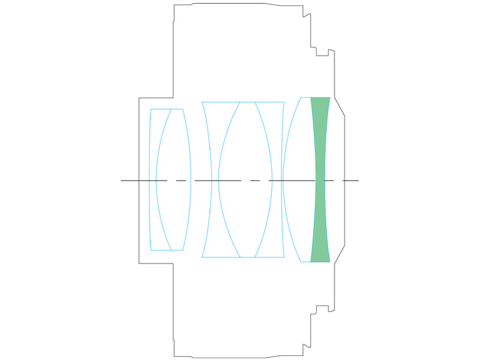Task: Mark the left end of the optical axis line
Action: pyautogui.click(x=122, y=180)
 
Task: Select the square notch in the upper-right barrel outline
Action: pyautogui.click(x=322, y=51)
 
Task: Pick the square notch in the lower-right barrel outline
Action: pyautogui.click(x=322, y=309)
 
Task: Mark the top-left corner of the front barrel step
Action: pyautogui.click(x=139, y=98)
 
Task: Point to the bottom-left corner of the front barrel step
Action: pyautogui.click(x=139, y=263)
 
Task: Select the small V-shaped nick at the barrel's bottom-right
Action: pyautogui.click(x=305, y=346)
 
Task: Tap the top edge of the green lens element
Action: pyautogui.click(x=320, y=97)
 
